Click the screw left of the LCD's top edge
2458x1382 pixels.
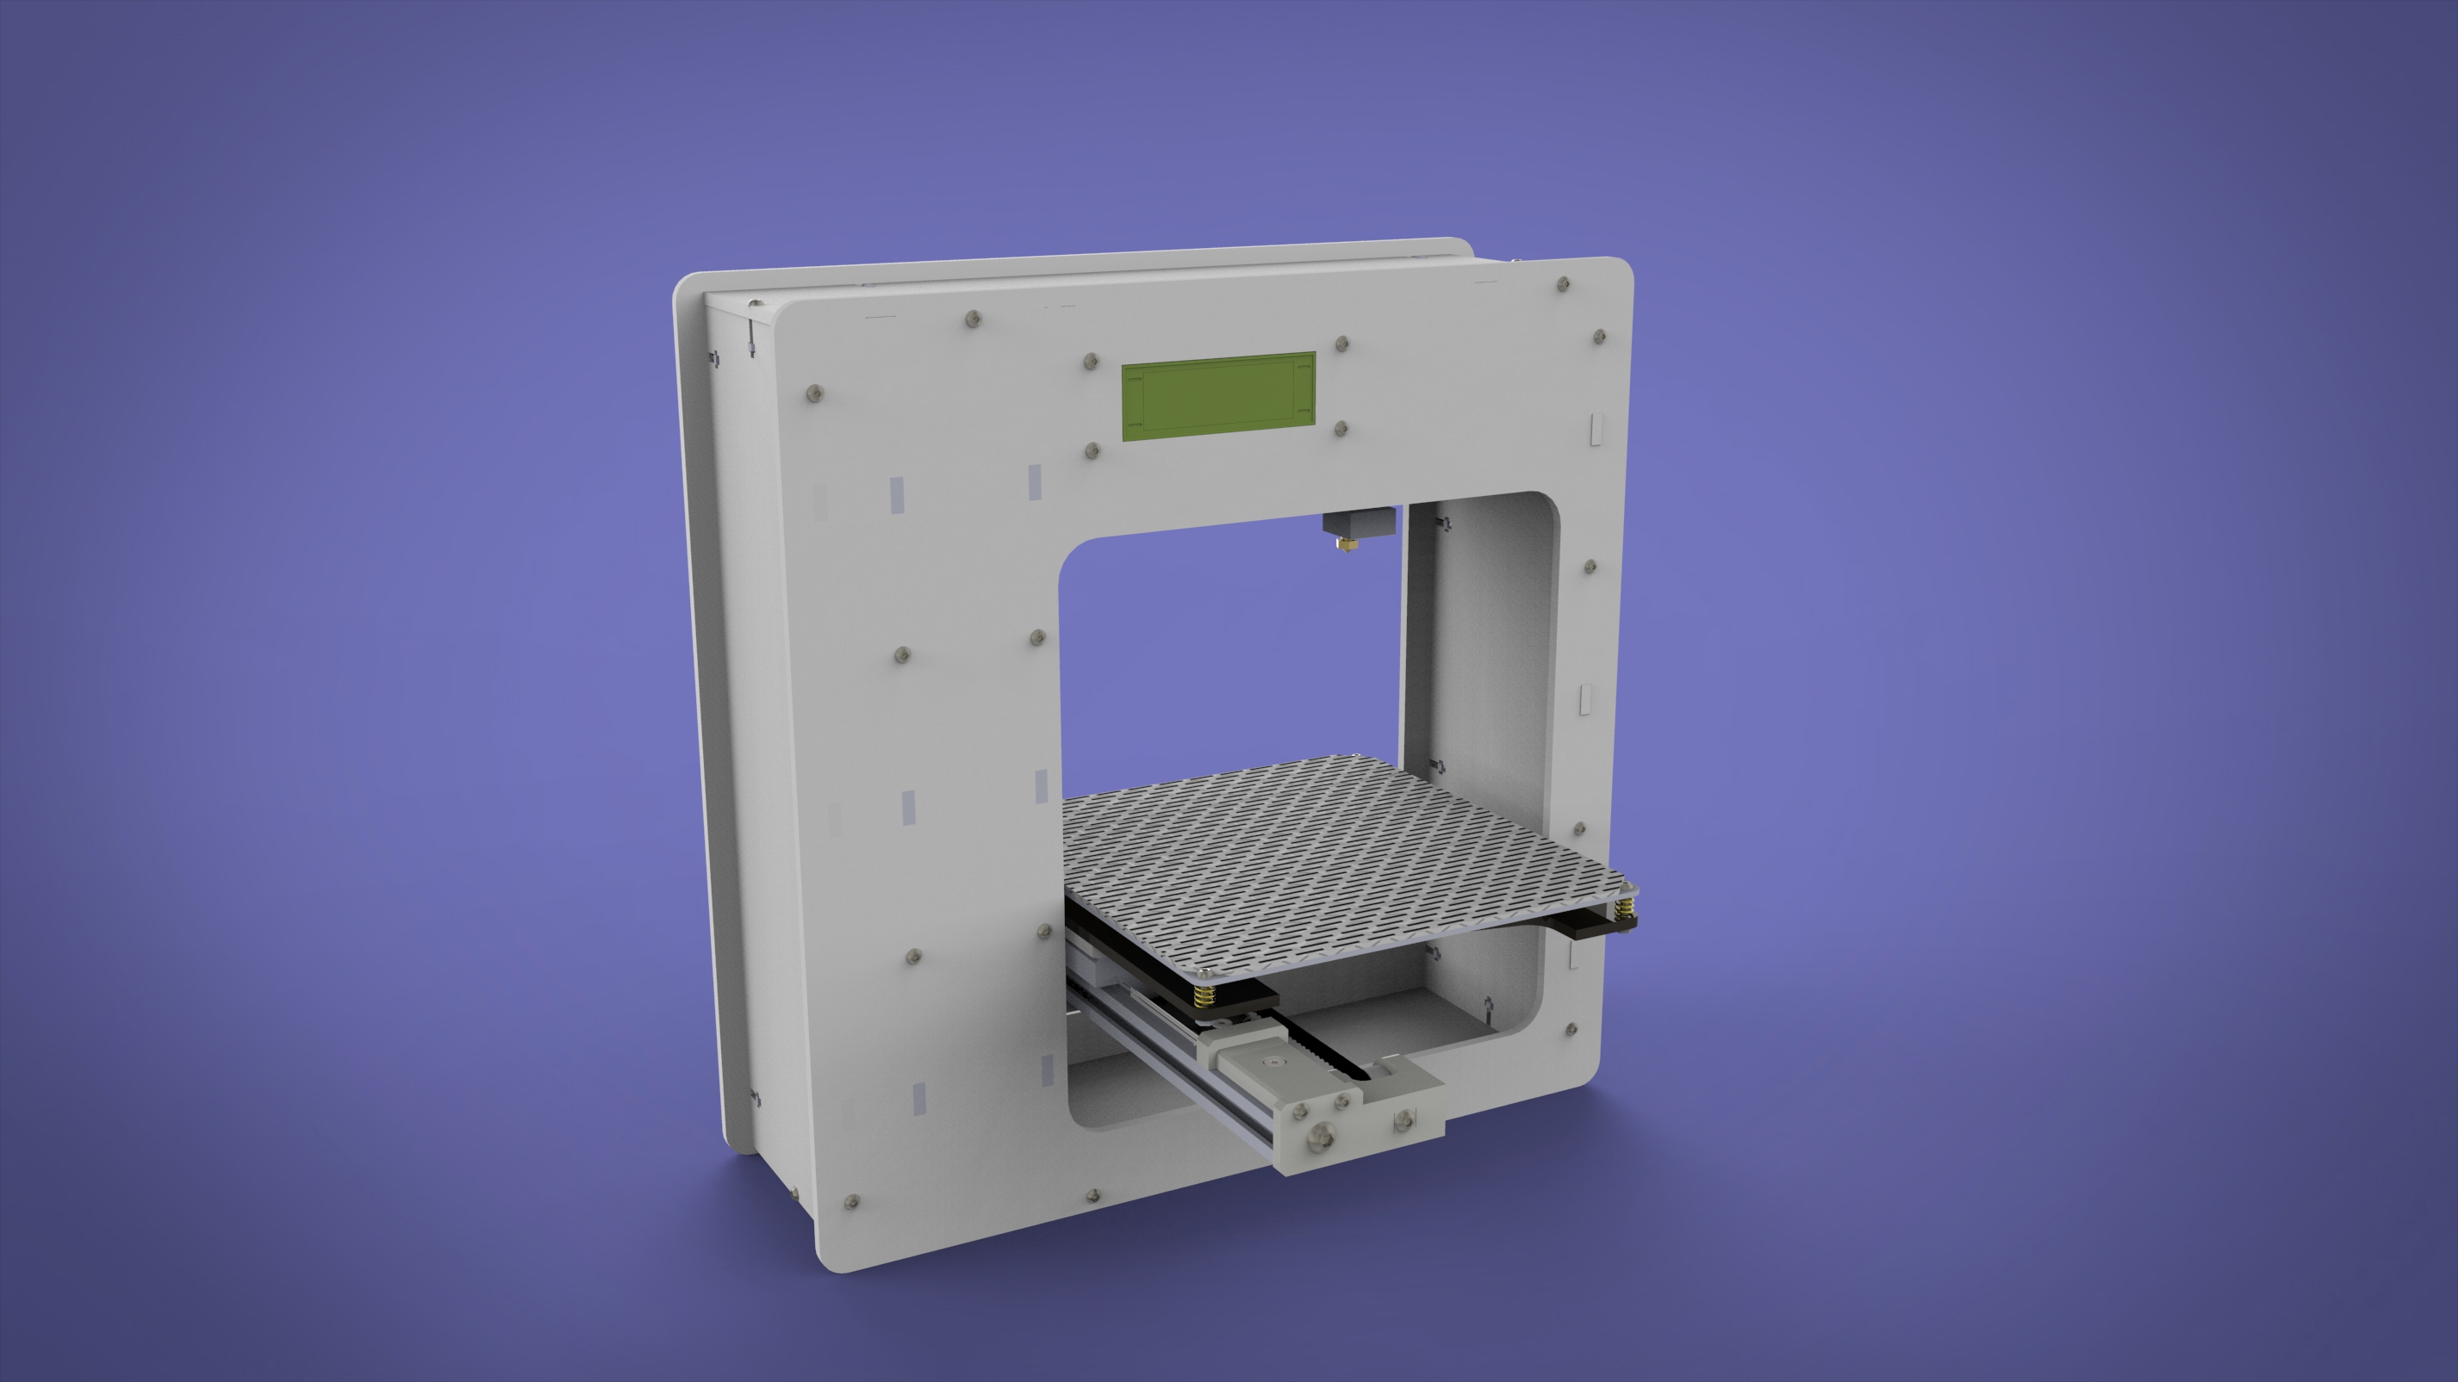tap(1091, 362)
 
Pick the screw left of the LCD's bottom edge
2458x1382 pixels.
tap(1093, 449)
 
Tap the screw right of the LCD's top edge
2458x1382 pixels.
tap(1341, 344)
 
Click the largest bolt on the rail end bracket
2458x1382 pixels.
tap(1322, 1134)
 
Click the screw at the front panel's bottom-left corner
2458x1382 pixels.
tap(852, 1202)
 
